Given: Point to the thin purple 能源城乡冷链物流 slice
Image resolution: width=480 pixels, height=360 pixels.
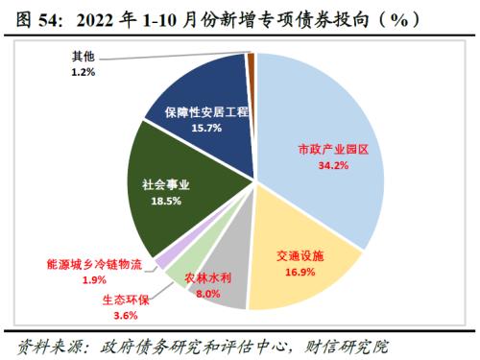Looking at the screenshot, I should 166,257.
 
